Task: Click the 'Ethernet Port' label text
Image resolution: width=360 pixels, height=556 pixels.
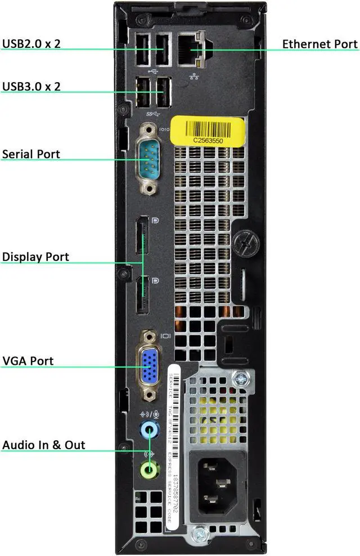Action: pyautogui.click(x=319, y=44)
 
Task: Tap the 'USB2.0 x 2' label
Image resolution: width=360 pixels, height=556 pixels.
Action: pyautogui.click(x=31, y=44)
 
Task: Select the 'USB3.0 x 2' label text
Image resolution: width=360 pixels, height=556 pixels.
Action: pyautogui.click(x=31, y=87)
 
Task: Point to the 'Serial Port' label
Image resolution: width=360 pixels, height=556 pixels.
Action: pyautogui.click(x=31, y=154)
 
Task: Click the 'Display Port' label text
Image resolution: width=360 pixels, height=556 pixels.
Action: pyautogui.click(x=35, y=257)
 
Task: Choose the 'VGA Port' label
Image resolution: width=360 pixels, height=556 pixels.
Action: pyautogui.click(x=28, y=360)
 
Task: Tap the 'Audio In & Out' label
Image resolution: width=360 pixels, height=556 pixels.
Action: pyautogui.click(x=44, y=445)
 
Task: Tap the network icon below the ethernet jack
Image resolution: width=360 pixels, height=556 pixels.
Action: pyautogui.click(x=194, y=76)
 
